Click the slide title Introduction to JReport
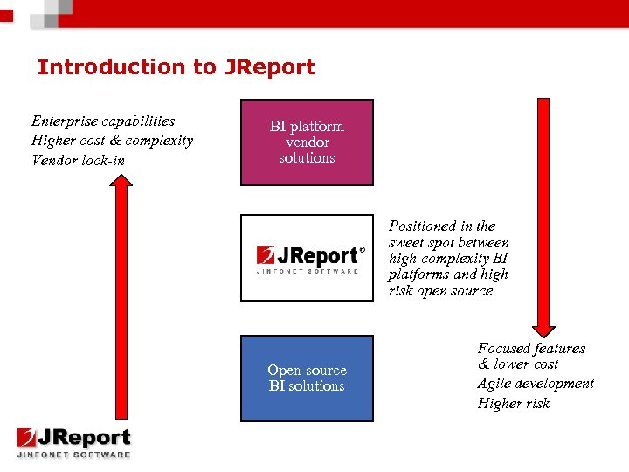[x=176, y=67]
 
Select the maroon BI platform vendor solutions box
[x=307, y=142]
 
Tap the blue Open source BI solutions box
[x=307, y=378]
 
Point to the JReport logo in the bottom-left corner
[x=73, y=442]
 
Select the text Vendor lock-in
[x=78, y=160]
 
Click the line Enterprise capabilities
[x=103, y=121]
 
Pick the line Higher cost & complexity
[x=112, y=141]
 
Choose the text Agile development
[x=536, y=384]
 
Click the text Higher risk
[x=514, y=403]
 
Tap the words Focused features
[x=531, y=348]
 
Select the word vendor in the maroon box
[x=307, y=142]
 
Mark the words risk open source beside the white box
[x=440, y=291]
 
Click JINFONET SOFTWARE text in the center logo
[x=307, y=271]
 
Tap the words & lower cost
[x=518, y=364]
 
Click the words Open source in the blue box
[x=307, y=370]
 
